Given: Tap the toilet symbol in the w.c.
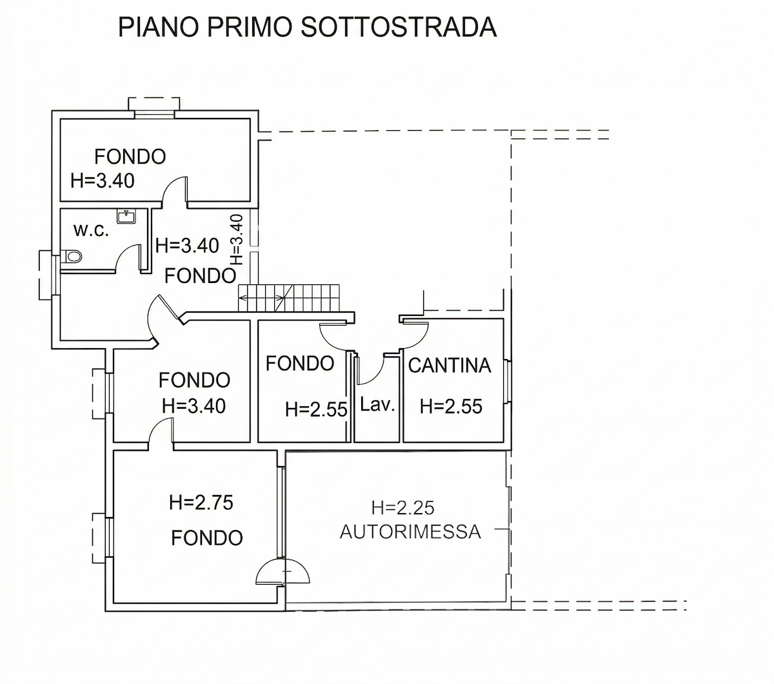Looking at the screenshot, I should point(74,258).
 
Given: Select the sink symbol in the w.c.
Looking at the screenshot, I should point(126,216).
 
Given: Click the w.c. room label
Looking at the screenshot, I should point(91,230).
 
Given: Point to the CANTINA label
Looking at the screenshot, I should point(450,366).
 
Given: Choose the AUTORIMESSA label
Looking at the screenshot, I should point(410,532).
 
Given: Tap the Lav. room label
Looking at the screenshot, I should point(377,406).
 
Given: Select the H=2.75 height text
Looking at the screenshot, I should point(201,502).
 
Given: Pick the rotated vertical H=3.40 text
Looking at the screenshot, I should point(237,240).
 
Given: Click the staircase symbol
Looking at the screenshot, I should point(288,298).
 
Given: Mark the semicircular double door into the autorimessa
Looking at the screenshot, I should point(283,571).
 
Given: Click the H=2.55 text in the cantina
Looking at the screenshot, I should point(451,406).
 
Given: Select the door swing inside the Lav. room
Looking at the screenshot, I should point(370,368).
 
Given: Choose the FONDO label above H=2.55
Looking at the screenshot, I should point(299,364).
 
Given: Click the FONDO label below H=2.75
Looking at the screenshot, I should point(206,537).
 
